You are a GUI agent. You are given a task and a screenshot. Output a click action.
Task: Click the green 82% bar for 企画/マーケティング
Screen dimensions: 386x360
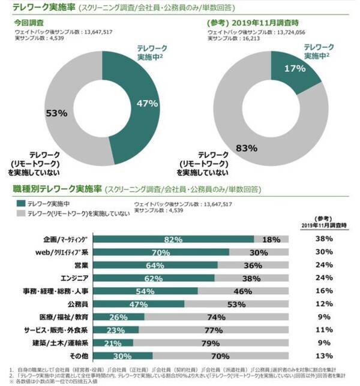[x=173, y=239]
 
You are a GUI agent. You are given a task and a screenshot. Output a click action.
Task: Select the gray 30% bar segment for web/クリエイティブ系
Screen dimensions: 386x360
[x=259, y=252]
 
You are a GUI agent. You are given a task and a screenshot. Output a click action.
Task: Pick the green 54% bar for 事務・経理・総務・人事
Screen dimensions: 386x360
[x=146, y=291]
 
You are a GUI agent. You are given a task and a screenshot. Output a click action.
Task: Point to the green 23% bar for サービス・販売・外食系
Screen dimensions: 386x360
[x=116, y=330]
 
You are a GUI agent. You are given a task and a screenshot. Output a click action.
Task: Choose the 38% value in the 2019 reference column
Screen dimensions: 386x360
[x=324, y=239]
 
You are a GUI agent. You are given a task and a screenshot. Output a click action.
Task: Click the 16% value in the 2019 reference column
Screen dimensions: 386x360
[x=324, y=291]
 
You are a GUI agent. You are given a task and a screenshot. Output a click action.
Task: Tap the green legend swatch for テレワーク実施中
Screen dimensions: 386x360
[x=19, y=204]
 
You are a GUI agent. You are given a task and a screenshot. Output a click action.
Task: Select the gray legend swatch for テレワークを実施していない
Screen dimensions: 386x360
[x=19, y=214]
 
